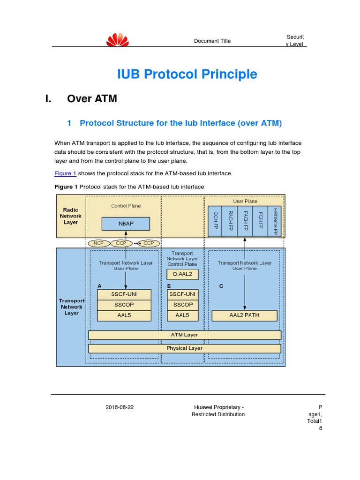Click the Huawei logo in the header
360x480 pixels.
pos(117,40)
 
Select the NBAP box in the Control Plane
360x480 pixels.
pos(126,224)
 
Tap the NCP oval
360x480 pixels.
pos(98,243)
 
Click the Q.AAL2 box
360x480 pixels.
pos(182,274)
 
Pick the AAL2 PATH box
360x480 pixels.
pos(244,315)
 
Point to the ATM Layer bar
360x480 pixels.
pos(185,335)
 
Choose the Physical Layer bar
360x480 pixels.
pos(185,348)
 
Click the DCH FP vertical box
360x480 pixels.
pos(215,220)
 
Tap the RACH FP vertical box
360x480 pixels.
pos(230,220)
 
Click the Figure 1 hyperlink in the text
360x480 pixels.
pos(65,173)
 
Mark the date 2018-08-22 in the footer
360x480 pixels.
pos(120,407)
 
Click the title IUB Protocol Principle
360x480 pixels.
pos(187,74)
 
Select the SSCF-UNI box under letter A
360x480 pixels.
pos(124,294)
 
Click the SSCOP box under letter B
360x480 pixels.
pos(182,305)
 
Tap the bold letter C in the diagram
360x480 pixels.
pos(221,286)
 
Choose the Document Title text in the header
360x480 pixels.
pos(212,41)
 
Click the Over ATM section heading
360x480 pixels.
pos(92,99)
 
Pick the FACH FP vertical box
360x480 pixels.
pos(245,220)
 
